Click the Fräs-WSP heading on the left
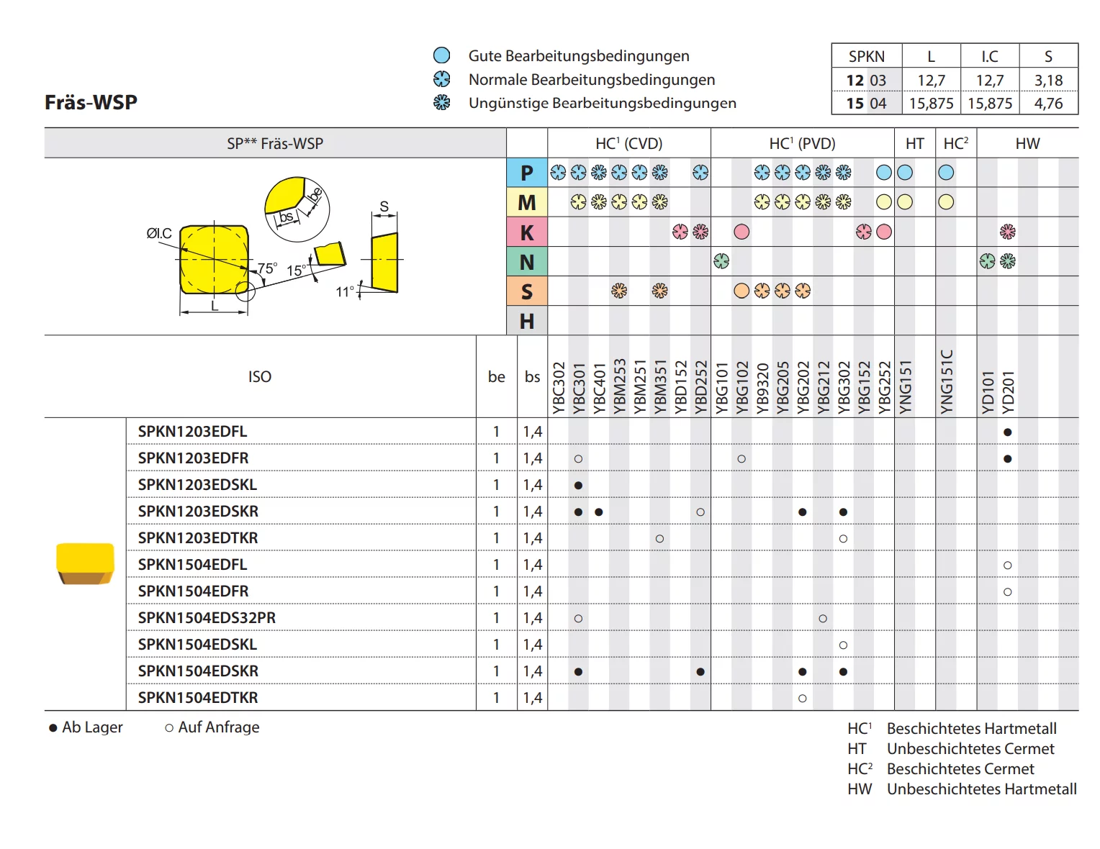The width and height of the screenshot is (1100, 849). click(x=91, y=101)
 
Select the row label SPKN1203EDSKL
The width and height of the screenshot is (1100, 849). click(x=197, y=484)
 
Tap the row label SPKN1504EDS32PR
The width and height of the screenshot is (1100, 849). click(x=207, y=617)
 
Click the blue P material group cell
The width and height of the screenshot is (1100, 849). click(x=526, y=173)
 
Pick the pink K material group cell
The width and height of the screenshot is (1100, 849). click(x=526, y=232)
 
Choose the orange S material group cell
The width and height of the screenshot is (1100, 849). click(x=526, y=291)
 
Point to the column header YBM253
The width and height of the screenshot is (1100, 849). click(x=619, y=386)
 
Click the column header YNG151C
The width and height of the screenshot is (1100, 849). click(x=946, y=381)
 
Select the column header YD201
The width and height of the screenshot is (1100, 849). click(x=1008, y=391)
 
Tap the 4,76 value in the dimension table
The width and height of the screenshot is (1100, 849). click(x=1048, y=103)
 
